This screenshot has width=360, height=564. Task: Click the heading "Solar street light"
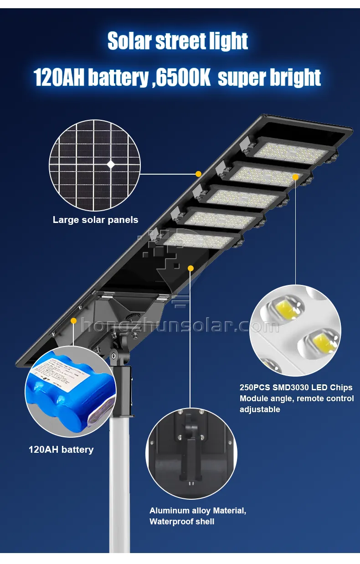(x=178, y=41)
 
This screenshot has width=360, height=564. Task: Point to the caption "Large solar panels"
(x=95, y=220)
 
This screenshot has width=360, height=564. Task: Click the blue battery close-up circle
(x=71, y=391)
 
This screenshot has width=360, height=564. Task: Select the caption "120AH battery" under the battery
(x=61, y=450)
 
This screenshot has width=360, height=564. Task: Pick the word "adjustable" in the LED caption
(x=260, y=409)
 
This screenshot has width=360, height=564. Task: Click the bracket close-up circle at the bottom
(x=191, y=453)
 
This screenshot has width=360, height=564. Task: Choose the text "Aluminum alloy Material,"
(x=198, y=511)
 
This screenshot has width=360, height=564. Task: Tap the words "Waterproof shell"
(x=182, y=522)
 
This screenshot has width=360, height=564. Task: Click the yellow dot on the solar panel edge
(x=198, y=174)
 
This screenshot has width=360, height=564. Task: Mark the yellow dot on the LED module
(x=295, y=177)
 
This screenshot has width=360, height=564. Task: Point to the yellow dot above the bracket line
(x=190, y=268)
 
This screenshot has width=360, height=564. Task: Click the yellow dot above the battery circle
(x=73, y=321)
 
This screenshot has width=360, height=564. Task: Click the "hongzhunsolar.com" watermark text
(x=180, y=326)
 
